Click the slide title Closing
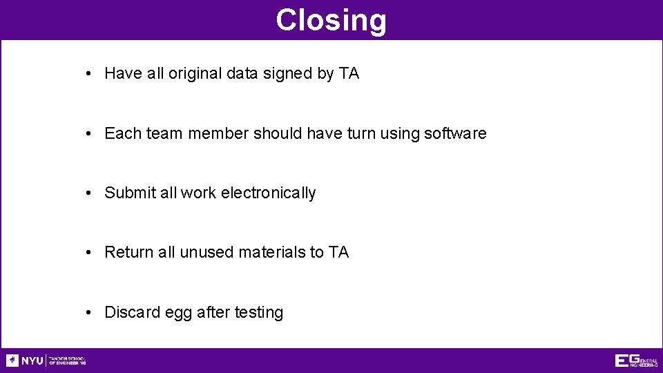coord(331,20)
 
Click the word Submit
coord(130,193)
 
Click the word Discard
coord(132,312)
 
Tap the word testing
coord(259,313)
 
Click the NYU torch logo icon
coord(12,361)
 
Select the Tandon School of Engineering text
coord(66,361)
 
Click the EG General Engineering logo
coord(635,361)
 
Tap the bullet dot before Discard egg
coord(90,312)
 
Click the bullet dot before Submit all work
coord(90,193)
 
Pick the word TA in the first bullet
coord(349,74)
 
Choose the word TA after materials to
coord(338,252)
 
